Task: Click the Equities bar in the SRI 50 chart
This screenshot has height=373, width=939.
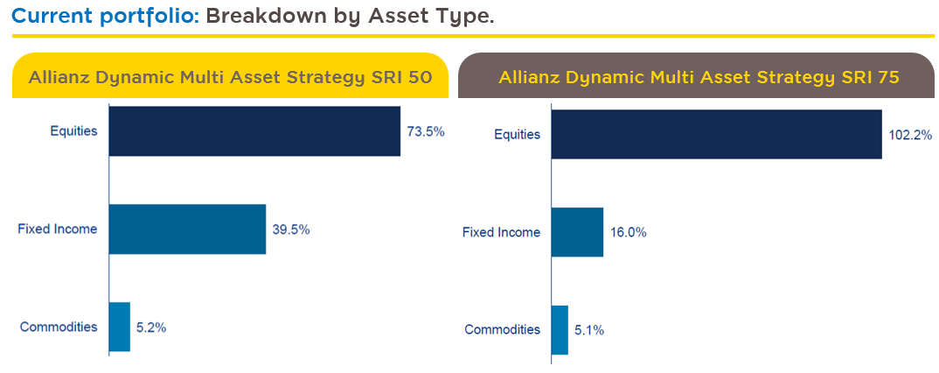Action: pos(254,130)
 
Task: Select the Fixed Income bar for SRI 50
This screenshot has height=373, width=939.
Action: pos(187,229)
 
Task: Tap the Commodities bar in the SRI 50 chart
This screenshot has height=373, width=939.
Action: pos(120,327)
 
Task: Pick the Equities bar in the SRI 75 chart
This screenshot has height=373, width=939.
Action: pos(717,134)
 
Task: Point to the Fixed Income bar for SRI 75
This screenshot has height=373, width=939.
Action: pos(577,232)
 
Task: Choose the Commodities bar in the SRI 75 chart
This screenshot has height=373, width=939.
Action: pos(560,330)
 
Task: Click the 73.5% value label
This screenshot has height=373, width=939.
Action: pos(426,131)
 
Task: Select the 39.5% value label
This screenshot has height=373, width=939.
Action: pos(291,229)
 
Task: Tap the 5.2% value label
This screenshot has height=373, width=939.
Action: pos(151,327)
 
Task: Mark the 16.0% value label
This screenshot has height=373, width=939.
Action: pos(629,233)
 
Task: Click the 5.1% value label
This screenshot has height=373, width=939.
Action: pos(589,330)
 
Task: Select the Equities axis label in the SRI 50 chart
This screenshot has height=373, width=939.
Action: pos(74,131)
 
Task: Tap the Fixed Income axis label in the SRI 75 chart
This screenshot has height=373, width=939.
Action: pos(501,232)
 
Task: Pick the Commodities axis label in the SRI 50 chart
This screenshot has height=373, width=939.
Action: pos(59,327)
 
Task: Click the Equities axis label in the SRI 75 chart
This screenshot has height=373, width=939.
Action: pos(518,135)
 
